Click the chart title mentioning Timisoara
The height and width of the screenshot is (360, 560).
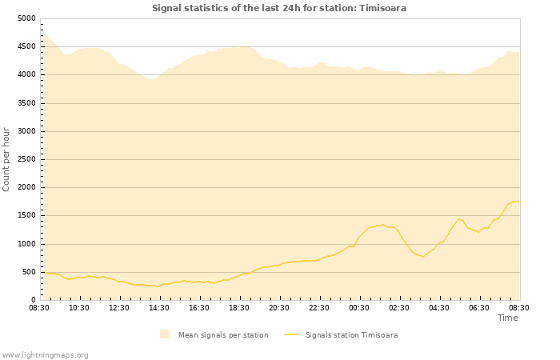[x=279, y=8]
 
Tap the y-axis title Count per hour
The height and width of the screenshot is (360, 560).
[x=7, y=159]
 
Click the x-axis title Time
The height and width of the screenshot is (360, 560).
[x=507, y=318]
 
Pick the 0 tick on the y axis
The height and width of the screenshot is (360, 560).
[x=32, y=300]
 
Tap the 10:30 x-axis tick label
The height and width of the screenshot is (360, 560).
[x=79, y=307]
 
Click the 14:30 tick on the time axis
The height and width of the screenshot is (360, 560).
[x=159, y=307]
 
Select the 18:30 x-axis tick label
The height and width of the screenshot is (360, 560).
[x=239, y=307]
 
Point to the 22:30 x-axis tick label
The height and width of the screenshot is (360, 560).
[x=319, y=307]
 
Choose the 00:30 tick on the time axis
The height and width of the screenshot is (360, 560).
[x=359, y=307]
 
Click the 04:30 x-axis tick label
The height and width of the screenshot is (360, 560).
[x=439, y=307]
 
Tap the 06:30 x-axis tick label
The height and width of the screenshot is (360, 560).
[x=479, y=307]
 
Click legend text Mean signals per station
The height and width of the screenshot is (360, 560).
[x=223, y=335]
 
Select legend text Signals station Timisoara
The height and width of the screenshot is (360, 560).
[x=351, y=335]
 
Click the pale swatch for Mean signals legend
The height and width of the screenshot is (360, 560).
[x=164, y=334]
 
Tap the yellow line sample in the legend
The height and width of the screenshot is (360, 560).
[x=291, y=335]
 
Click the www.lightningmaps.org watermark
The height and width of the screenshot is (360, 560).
[x=46, y=354]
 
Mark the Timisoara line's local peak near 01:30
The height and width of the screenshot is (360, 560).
[x=382, y=225]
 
